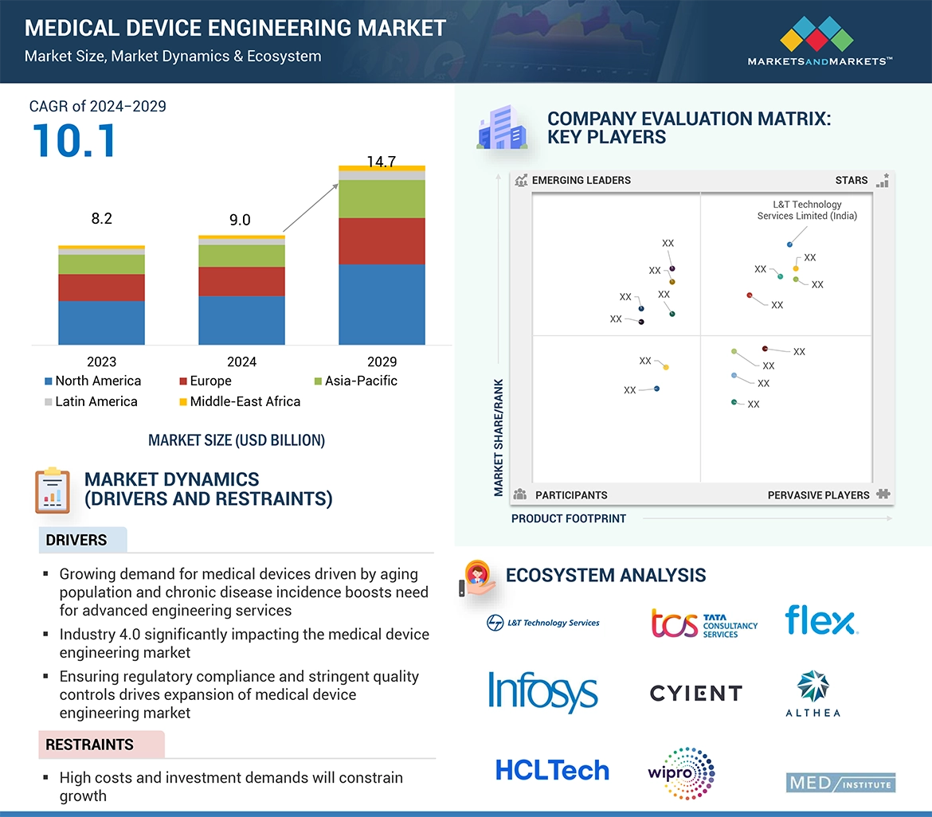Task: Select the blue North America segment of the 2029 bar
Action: click(382, 304)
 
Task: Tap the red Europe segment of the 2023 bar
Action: click(101, 287)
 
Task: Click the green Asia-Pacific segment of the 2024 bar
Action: click(241, 256)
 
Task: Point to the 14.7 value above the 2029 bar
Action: click(382, 162)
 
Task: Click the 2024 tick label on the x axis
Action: click(241, 362)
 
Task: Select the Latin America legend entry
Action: click(91, 401)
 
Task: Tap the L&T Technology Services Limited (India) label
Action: click(807, 210)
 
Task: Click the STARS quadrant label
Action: click(851, 180)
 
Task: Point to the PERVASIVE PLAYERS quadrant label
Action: click(818, 495)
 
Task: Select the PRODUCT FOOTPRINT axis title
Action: click(569, 518)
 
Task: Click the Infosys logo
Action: click(542, 692)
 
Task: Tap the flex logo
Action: click(820, 621)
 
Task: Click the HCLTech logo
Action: click(552, 770)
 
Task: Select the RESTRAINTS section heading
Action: click(89, 745)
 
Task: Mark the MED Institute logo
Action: click(840, 783)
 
